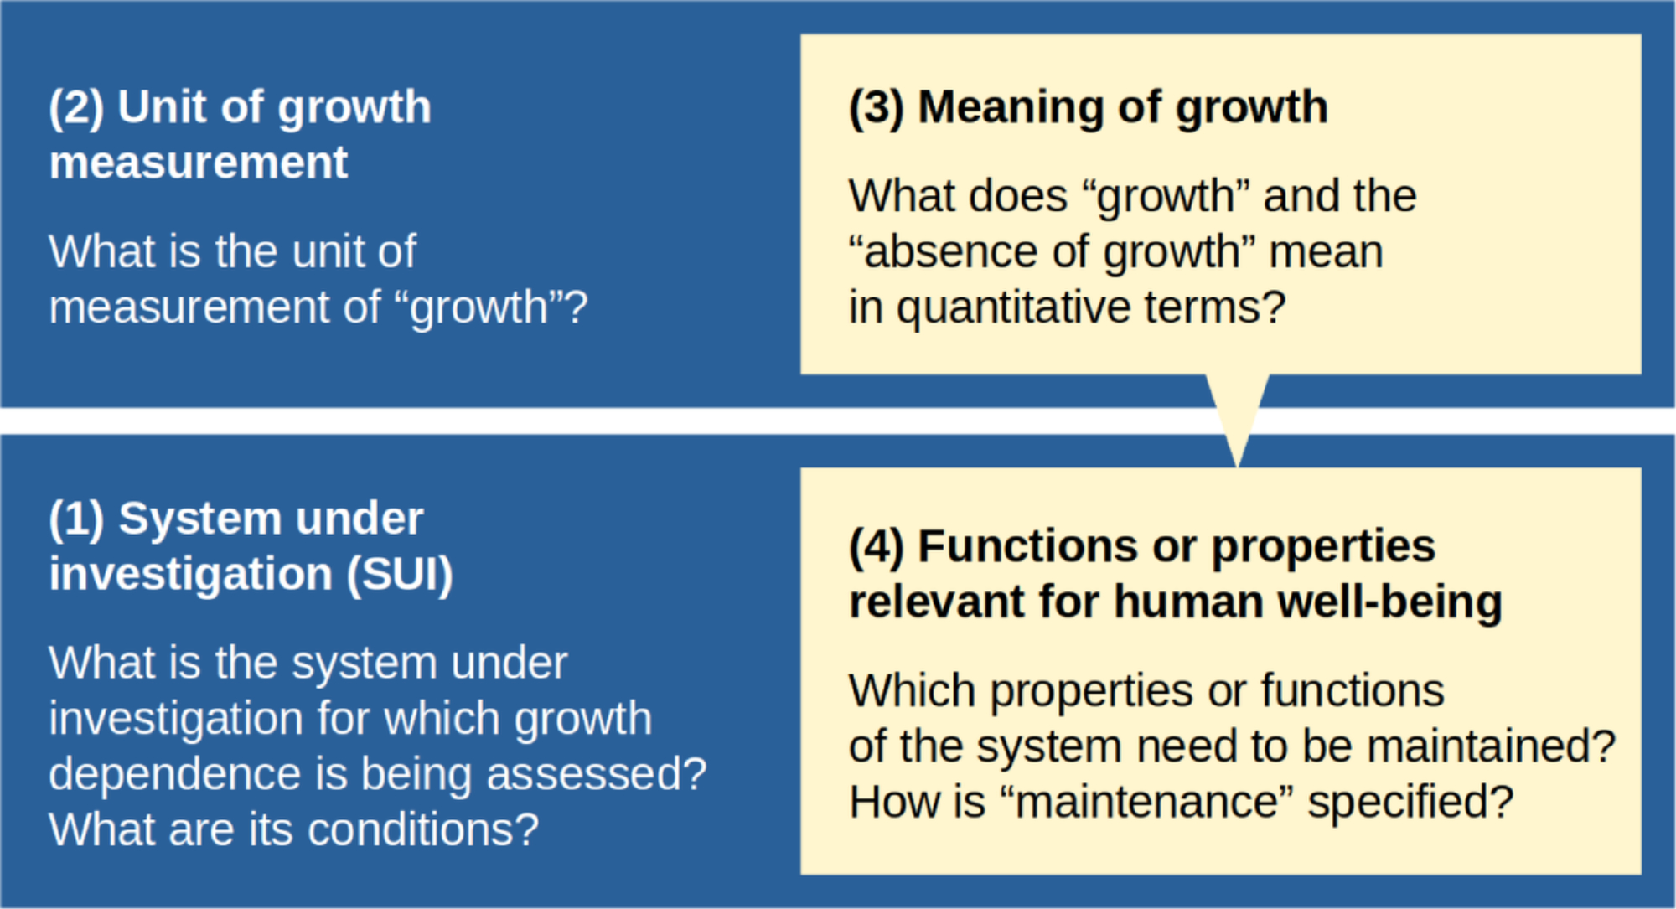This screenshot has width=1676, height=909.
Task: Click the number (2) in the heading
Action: coord(76,108)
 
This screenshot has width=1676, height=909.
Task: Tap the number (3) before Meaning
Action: coord(877,108)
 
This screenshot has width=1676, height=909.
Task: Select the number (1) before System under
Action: coord(76,519)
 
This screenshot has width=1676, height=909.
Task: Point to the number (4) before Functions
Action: coord(877,547)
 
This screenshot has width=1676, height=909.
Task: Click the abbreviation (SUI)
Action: coord(400,575)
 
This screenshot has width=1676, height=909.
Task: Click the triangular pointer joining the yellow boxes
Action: coord(1238,419)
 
